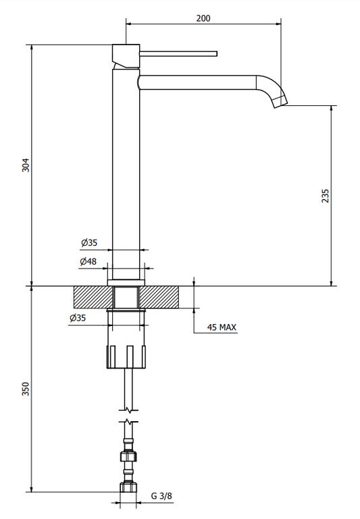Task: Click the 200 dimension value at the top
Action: pyautogui.click(x=203, y=18)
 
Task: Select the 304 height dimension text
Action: pyautogui.click(x=26, y=165)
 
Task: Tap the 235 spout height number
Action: pyautogui.click(x=326, y=196)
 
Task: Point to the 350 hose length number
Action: pyautogui.click(x=26, y=389)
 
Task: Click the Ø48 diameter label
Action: pyautogui.click(x=88, y=261)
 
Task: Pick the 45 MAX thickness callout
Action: pyautogui.click(x=222, y=327)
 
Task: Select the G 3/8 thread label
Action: pyautogui.click(x=161, y=496)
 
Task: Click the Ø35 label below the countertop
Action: pyautogui.click(x=78, y=318)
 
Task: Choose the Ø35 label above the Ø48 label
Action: pyautogui.click(x=89, y=242)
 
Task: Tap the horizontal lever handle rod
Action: pyautogui.click(x=178, y=53)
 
